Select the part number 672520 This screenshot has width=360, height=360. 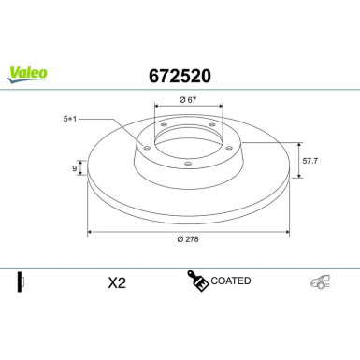[x=180, y=72]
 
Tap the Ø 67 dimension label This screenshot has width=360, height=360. [x=186, y=100]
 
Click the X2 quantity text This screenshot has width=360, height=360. [x=117, y=281]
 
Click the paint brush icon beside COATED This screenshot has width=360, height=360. [x=198, y=281]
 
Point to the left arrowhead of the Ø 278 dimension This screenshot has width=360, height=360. [x=90, y=231]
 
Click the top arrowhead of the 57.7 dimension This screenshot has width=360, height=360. [x=297, y=144]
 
